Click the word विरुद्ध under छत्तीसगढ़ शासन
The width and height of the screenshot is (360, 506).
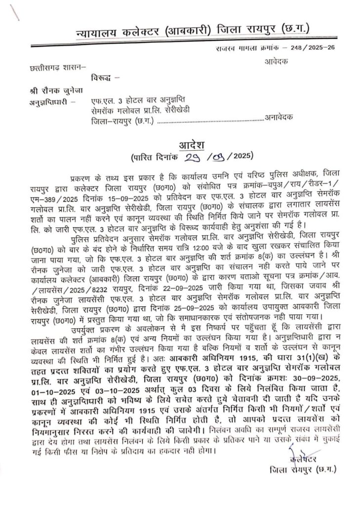pos(102,78)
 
